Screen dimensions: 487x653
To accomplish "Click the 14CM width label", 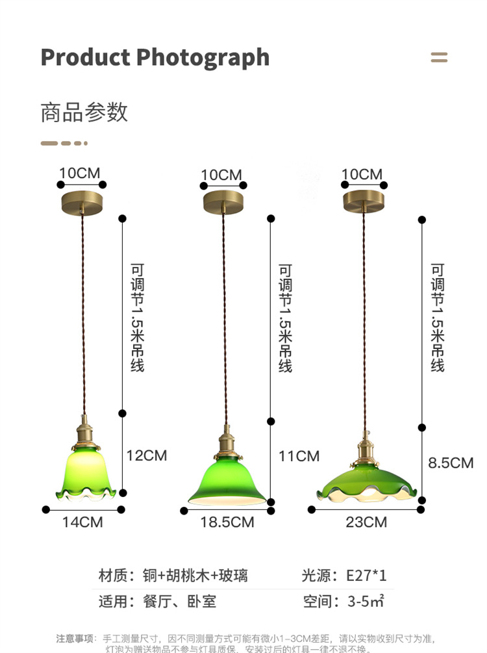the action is point(82,522).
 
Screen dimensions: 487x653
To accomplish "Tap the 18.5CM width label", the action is point(227,522).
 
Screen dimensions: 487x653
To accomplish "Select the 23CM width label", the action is point(366,522).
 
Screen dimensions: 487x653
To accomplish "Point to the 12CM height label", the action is point(146,455).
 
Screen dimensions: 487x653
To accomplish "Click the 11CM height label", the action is point(299,456).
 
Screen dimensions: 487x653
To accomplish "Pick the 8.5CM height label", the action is point(450,463).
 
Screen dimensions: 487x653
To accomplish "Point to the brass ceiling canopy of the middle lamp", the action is point(223,202).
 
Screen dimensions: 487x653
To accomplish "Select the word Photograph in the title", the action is point(203,58).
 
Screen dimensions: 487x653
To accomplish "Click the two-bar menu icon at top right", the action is point(439,58).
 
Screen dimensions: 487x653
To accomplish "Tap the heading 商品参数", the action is point(84,112).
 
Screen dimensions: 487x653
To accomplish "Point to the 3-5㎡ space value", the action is point(366,601).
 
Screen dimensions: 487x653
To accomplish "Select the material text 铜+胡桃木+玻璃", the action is point(195,575).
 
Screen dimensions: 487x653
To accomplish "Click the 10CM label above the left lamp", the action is point(80,173).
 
